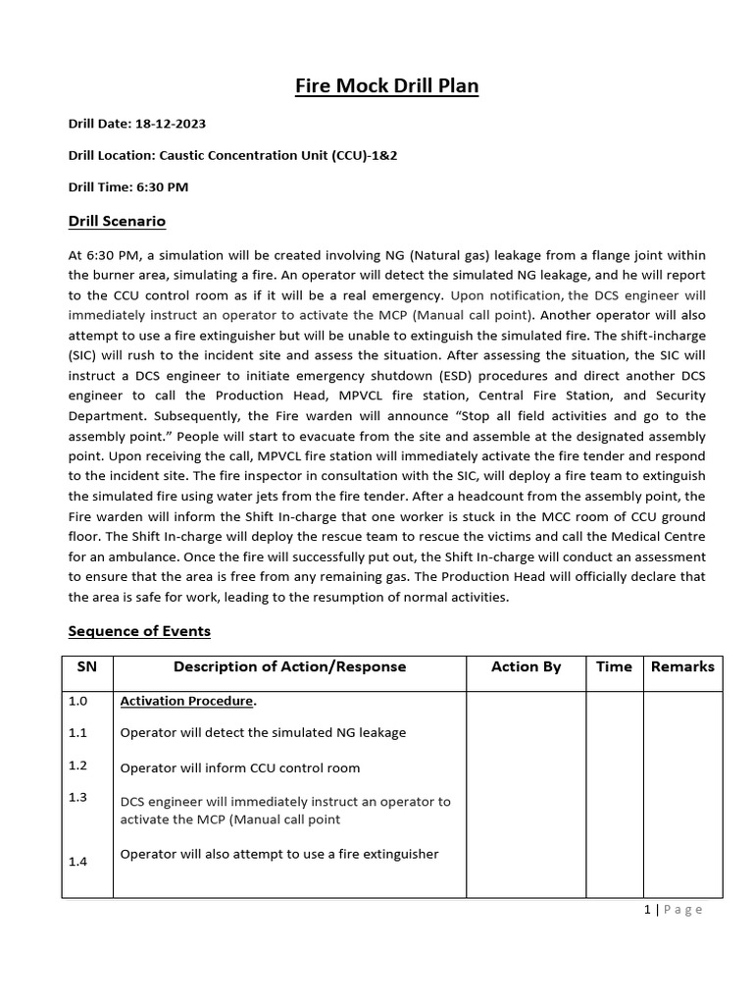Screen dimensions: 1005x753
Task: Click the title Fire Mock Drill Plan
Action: [x=386, y=86]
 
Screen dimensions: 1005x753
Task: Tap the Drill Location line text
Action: [x=246, y=155]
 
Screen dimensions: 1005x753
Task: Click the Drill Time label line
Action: [x=128, y=186]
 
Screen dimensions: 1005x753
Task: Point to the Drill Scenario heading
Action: [x=117, y=221]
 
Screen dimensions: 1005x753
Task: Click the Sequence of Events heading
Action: [x=139, y=630]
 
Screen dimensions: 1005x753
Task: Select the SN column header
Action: [x=87, y=666]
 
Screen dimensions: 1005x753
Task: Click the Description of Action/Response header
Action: [x=289, y=666]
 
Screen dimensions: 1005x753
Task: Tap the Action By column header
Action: [x=527, y=666]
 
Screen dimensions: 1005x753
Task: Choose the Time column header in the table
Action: [x=614, y=666]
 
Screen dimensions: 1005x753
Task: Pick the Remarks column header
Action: [x=682, y=666]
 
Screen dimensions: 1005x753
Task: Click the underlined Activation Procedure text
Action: [x=186, y=702]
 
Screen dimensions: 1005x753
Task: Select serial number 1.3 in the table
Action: [x=78, y=797]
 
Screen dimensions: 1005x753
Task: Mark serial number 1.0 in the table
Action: [x=78, y=702]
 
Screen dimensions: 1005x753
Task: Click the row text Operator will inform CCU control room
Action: [x=239, y=767]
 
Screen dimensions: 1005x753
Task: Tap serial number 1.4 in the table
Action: [x=78, y=861]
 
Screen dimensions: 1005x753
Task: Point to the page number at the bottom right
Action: [x=674, y=910]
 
